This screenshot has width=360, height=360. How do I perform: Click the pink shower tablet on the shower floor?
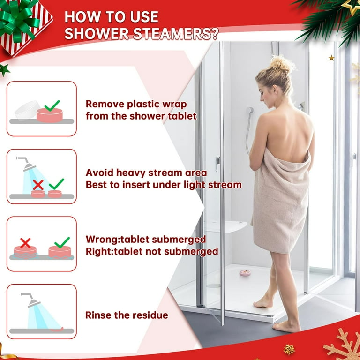(x=245, y=272)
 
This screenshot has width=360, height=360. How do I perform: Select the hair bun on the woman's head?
(x=280, y=63)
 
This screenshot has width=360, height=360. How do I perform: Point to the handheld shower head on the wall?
(x=249, y=111)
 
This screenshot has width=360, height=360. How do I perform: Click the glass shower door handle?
(x=218, y=163)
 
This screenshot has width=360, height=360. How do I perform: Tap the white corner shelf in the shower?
(x=227, y=226)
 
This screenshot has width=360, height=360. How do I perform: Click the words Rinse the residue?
(x=126, y=315)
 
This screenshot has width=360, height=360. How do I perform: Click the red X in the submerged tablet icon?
(x=25, y=243)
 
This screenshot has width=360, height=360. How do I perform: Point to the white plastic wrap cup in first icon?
(x=26, y=110)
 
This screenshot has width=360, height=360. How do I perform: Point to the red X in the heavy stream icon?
(x=38, y=185)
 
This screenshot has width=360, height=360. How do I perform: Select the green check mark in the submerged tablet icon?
(x=61, y=242)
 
